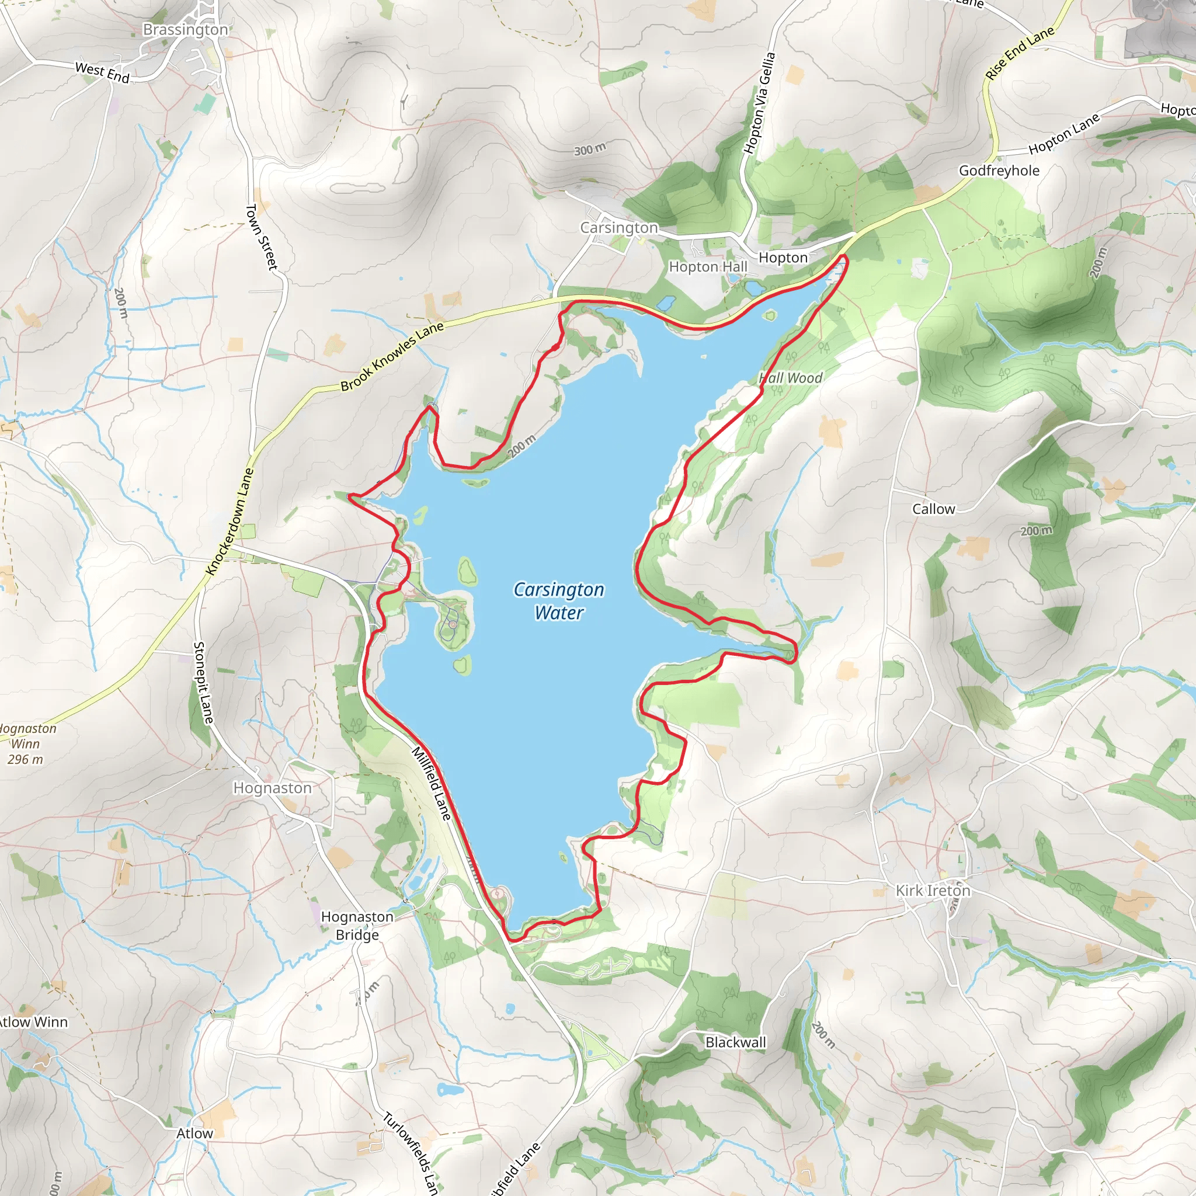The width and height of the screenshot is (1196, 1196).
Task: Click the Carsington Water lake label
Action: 558,601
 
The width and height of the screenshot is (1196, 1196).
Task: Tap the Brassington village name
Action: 185,30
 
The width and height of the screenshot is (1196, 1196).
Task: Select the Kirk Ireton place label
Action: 933,890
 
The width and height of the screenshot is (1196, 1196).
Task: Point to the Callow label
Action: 934,509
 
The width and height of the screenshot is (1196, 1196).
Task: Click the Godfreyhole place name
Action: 999,171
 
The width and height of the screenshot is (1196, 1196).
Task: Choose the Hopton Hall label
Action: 708,267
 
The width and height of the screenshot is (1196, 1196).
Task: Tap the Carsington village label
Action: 619,228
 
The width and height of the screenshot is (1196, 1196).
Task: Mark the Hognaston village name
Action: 272,788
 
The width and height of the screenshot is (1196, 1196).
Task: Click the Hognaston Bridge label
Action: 357,926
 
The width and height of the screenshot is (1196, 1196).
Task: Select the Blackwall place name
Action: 735,1042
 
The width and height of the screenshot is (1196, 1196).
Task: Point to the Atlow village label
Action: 194,1134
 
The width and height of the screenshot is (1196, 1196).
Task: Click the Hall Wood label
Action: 791,378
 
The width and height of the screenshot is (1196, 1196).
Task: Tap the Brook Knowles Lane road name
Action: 392,357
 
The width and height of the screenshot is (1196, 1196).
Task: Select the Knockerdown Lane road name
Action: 230,521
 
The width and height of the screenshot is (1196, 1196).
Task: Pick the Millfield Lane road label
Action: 432,784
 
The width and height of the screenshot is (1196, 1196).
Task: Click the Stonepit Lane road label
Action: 203,682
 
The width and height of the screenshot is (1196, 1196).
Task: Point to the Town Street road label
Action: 262,237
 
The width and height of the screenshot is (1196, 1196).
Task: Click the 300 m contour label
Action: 589,149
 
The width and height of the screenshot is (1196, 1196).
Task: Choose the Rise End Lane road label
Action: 1020,53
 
